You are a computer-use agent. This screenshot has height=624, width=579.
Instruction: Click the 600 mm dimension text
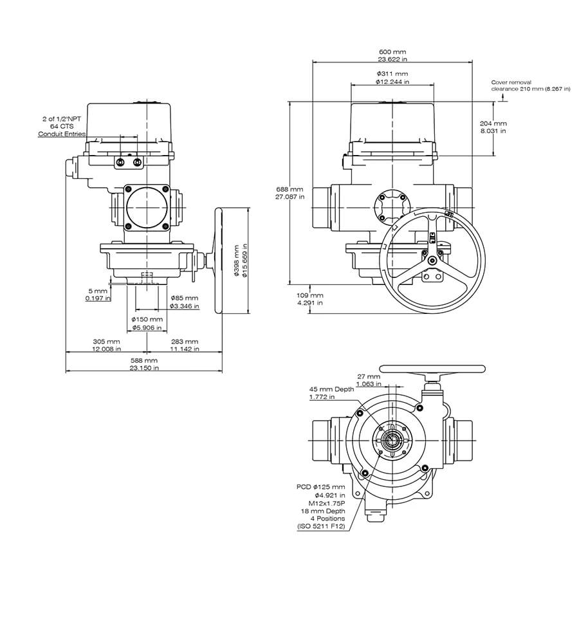(392, 51)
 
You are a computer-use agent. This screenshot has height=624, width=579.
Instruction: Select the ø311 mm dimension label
(392, 74)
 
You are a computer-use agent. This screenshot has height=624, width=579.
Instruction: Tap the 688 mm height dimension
(289, 189)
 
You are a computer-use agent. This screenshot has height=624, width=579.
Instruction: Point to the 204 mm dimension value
(493, 123)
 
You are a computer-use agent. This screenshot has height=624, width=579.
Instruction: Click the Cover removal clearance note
(530, 85)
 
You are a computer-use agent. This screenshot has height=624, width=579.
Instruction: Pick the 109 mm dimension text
(310, 295)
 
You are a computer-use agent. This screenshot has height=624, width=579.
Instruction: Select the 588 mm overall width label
(144, 361)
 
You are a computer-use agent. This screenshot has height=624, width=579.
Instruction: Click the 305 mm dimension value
(106, 342)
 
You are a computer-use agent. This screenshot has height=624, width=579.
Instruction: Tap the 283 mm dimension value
(185, 342)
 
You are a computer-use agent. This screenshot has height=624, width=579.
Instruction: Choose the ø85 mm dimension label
(185, 298)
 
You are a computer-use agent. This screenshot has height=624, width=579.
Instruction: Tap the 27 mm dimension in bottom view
(368, 376)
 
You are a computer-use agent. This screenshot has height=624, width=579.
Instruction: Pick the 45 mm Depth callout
(331, 389)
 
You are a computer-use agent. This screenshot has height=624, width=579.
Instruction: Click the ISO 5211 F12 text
(321, 526)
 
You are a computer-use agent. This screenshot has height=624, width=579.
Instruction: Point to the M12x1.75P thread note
(326, 503)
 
